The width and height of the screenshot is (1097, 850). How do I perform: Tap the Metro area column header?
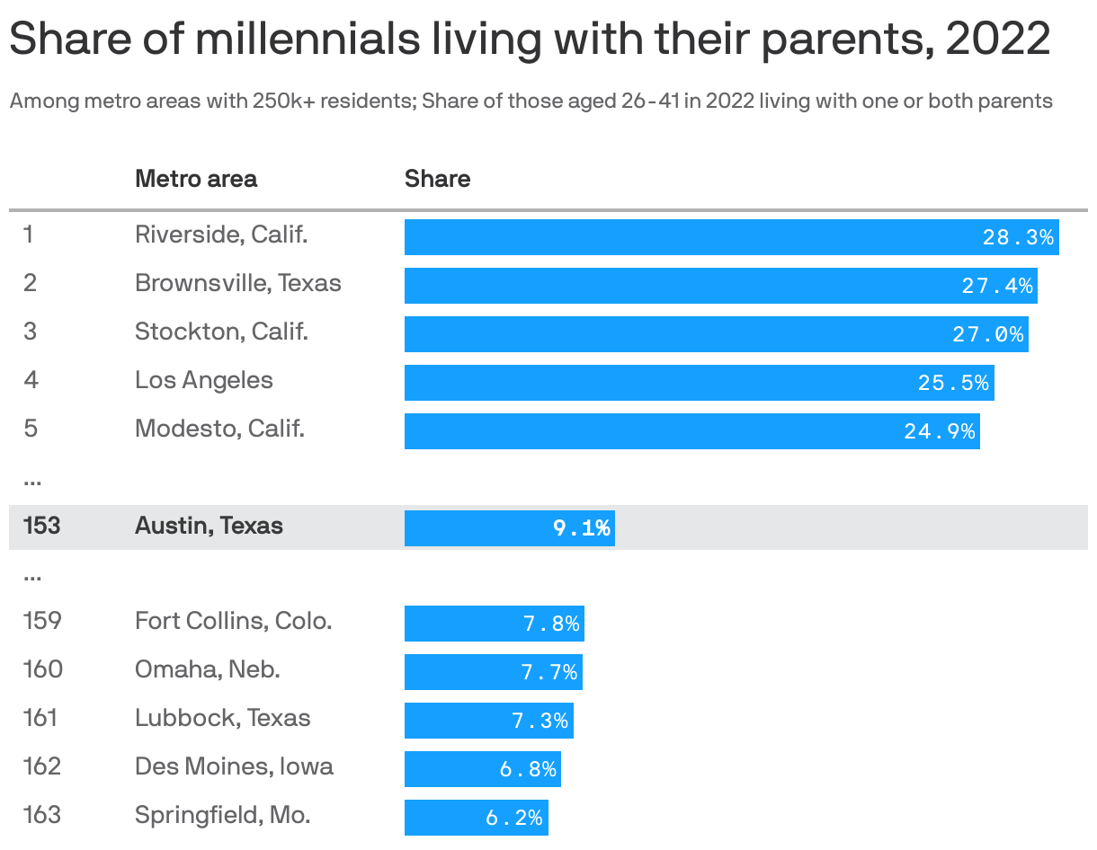(x=196, y=179)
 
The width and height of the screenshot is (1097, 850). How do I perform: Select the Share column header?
(x=437, y=179)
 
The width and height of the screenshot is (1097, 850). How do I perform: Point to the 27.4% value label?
(x=997, y=287)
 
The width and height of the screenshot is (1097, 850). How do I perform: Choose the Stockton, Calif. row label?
(x=221, y=332)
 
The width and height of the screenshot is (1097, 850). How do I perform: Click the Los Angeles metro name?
(x=204, y=380)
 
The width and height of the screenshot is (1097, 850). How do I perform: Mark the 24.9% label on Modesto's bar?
(x=940, y=431)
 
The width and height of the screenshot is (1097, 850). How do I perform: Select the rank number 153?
(x=41, y=526)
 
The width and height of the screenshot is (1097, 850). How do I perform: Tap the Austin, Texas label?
(x=209, y=526)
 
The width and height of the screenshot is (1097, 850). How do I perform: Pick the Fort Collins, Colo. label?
(x=234, y=621)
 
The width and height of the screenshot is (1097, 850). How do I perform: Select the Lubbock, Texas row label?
(x=223, y=718)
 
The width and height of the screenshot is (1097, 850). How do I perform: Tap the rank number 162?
(x=42, y=766)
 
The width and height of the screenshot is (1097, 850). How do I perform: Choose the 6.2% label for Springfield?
(x=514, y=818)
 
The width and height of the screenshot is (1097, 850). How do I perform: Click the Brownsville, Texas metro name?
(x=238, y=283)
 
